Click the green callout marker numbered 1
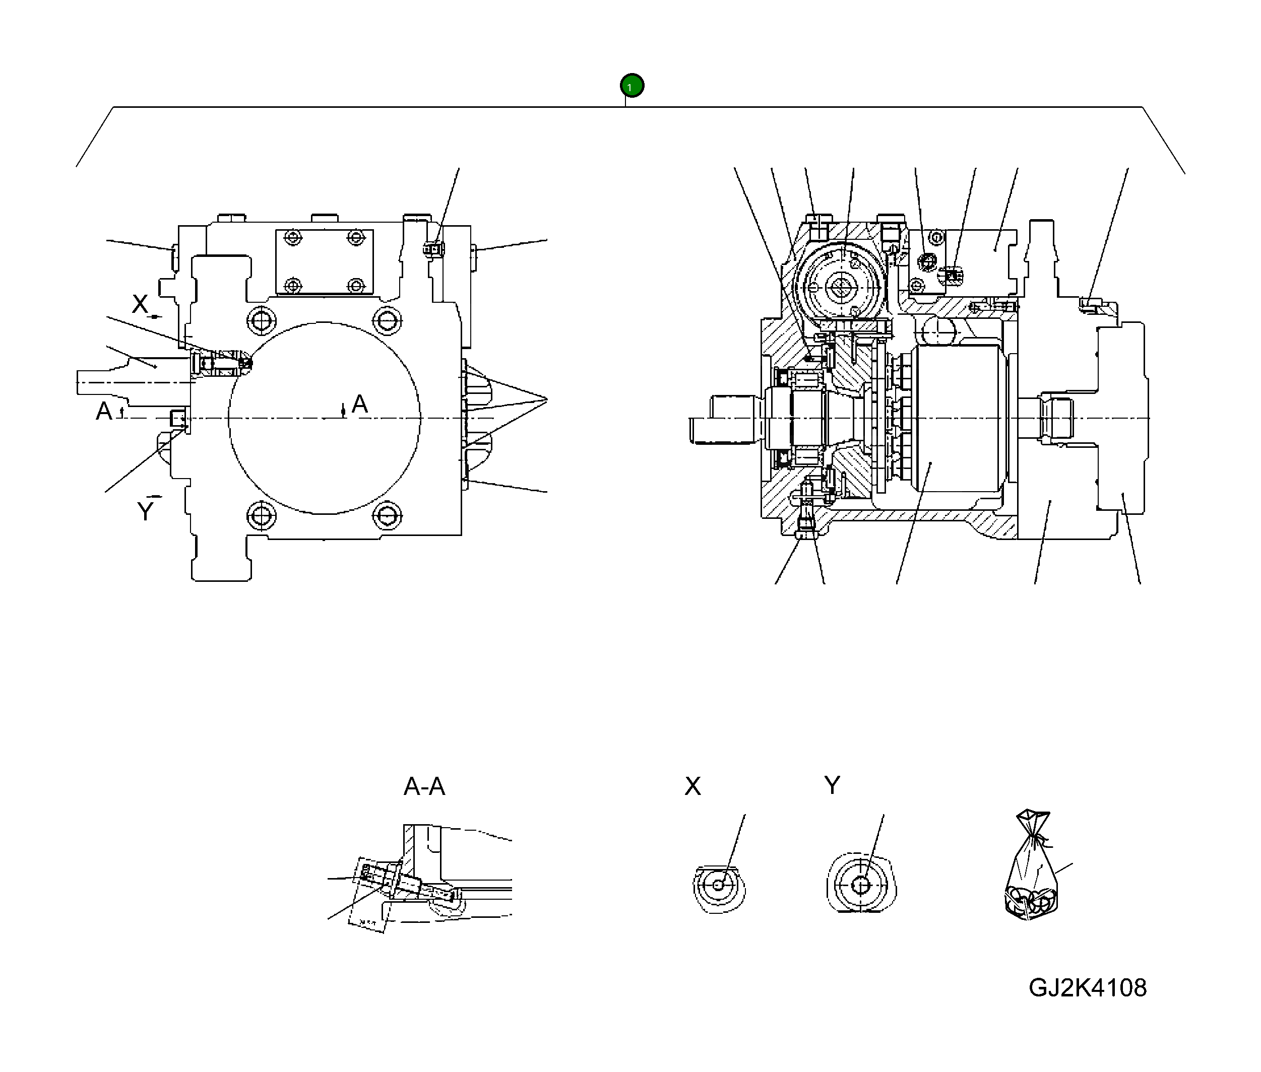(632, 86)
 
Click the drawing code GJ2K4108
(1087, 987)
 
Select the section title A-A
(424, 786)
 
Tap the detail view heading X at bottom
(692, 786)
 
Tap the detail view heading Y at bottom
(832, 785)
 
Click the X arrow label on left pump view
(141, 304)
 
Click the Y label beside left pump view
(145, 512)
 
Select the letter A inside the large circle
(359, 404)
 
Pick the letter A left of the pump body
(104, 412)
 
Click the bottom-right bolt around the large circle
(387, 516)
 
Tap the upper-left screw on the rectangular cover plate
(294, 237)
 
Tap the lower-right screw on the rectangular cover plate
(356, 285)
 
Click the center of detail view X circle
(718, 885)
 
